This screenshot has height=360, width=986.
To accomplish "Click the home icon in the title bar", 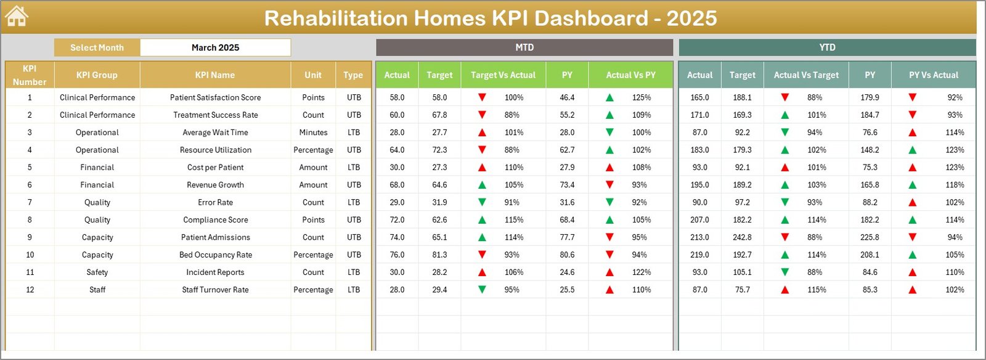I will (x=17, y=17).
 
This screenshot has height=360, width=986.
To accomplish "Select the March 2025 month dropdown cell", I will (x=215, y=47).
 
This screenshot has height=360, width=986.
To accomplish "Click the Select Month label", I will (x=97, y=47).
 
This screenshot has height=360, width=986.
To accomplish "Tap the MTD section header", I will (x=524, y=47).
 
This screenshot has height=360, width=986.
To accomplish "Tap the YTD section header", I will (x=827, y=47).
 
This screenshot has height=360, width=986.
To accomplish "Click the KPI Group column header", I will (x=97, y=75).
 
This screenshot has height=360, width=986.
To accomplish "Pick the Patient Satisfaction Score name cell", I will (x=215, y=97).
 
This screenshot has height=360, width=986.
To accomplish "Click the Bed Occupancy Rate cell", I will (x=215, y=255).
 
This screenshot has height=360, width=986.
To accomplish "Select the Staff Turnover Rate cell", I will (x=215, y=290).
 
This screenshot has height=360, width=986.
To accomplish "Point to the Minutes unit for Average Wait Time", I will (x=313, y=133).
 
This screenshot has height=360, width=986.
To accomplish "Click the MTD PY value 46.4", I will (x=567, y=97).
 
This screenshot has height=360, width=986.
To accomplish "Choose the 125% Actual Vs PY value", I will (x=641, y=97).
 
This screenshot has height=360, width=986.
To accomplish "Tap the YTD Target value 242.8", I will (x=742, y=237).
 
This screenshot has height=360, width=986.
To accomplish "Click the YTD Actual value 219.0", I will (x=699, y=255).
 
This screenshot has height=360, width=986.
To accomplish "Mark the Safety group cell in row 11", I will (x=97, y=272).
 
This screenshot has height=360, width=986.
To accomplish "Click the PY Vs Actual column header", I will (x=933, y=75).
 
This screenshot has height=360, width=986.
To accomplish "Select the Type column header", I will (x=353, y=75).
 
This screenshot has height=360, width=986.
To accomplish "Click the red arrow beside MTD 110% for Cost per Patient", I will (x=482, y=168).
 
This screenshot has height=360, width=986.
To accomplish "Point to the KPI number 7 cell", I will (x=30, y=202).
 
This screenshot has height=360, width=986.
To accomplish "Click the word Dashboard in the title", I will (x=591, y=18).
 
